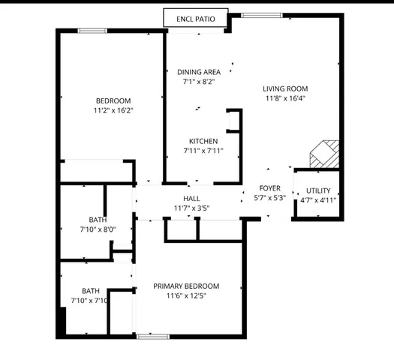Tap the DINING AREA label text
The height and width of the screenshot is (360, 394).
pos(199,73)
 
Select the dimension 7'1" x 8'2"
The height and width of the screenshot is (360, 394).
pos(199,82)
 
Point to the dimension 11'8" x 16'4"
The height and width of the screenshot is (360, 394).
pos(285,97)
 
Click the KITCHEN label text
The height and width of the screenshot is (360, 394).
pos(203,141)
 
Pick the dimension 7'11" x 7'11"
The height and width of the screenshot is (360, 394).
pos(203,151)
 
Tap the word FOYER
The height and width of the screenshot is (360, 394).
pos(269,188)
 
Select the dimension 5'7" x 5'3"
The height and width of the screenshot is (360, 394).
pos(269,198)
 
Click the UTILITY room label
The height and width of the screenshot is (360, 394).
pos(317,190)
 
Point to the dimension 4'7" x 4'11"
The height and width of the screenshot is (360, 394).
pos(317,200)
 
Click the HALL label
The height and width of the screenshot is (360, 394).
pos(191,198)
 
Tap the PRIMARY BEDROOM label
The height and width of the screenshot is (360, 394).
pos(186,286)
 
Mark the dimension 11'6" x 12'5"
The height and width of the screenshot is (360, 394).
pos(186,295)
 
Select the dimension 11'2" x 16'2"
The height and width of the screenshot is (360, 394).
pos(113,111)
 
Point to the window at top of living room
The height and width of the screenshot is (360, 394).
pos(256,15)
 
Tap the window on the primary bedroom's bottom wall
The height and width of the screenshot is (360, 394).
pos(151,336)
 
